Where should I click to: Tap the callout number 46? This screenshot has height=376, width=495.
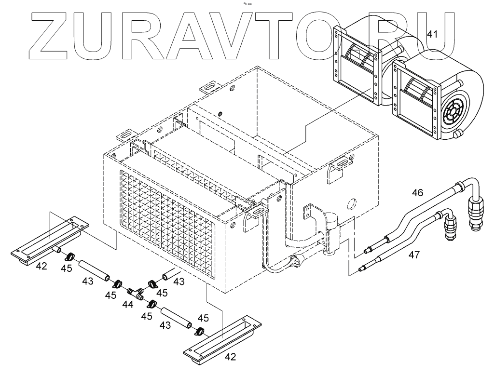(417, 193)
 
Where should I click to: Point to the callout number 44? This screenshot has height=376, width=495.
(127, 305)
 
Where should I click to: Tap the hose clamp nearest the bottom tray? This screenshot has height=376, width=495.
(198, 332)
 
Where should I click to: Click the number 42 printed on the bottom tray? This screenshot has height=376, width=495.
(231, 357)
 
